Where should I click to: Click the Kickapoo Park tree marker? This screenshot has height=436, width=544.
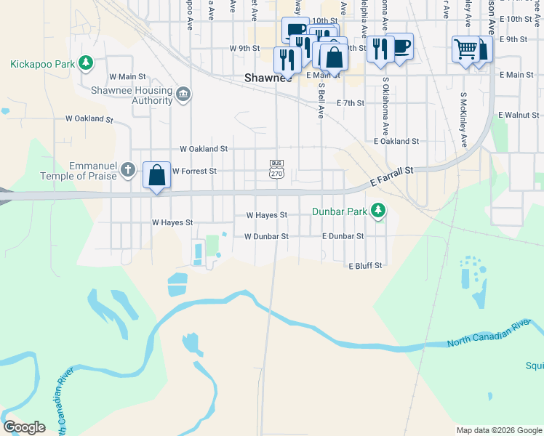pyautogui.click(x=86, y=63)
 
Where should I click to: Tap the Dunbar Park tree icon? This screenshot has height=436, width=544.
pyautogui.click(x=377, y=211)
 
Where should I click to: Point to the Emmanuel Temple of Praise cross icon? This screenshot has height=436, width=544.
pyautogui.click(x=128, y=171)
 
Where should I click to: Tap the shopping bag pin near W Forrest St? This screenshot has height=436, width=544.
pyautogui.click(x=156, y=176)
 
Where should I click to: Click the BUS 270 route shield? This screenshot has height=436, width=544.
pyautogui.click(x=276, y=169)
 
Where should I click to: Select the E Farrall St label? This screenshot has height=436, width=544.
pyautogui.click(x=391, y=177)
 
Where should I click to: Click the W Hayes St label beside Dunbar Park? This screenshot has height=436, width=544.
pyautogui.click(x=267, y=215)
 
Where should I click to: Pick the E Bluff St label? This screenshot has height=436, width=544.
pyautogui.click(x=365, y=266)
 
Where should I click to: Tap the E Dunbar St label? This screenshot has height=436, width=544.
pyautogui.click(x=343, y=236)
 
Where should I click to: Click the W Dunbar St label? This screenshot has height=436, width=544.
pyautogui.click(x=266, y=236)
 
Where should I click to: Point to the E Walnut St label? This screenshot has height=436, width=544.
pyautogui.click(x=520, y=115)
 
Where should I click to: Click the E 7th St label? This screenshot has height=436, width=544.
pyautogui.click(x=350, y=103)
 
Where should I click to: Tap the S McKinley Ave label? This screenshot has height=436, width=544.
pyautogui.click(x=463, y=117)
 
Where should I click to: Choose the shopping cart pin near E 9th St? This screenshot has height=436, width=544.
pyautogui.click(x=465, y=49)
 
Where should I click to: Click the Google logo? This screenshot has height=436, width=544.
pyautogui.click(x=24, y=427)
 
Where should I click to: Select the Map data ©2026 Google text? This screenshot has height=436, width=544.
pyautogui.click(x=498, y=430)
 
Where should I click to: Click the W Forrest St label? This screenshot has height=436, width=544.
pyautogui.click(x=194, y=171)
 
